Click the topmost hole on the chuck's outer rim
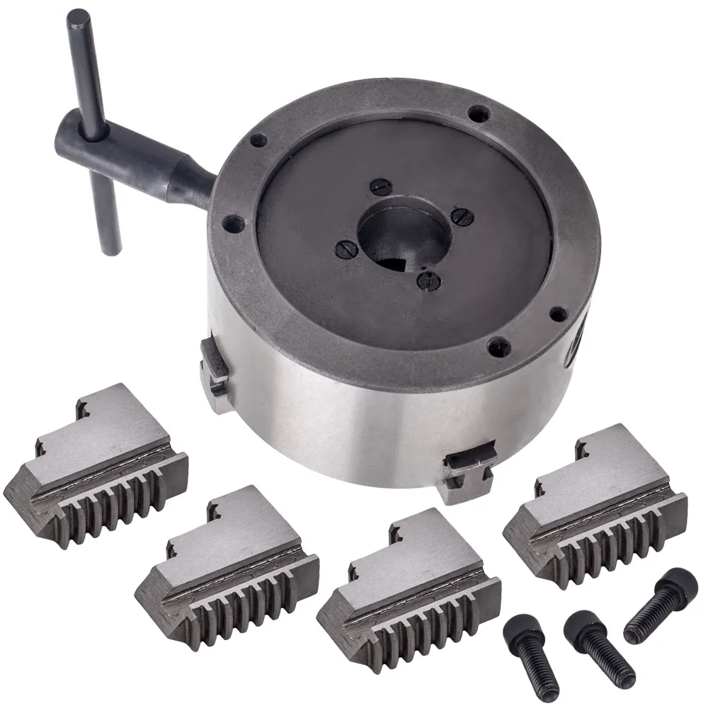(480, 112)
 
